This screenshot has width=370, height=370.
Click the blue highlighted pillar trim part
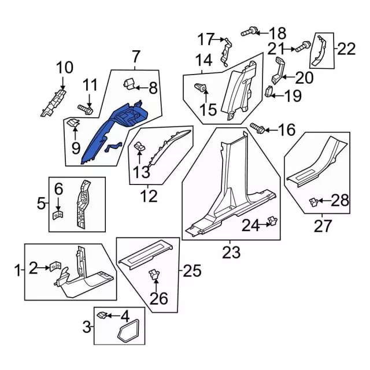click(x=111, y=132)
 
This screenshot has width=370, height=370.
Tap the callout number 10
click(x=65, y=68)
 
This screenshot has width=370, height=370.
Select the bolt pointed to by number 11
click(x=86, y=109)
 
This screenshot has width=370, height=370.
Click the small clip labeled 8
click(x=129, y=84)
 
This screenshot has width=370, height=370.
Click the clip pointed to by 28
click(x=314, y=202)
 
